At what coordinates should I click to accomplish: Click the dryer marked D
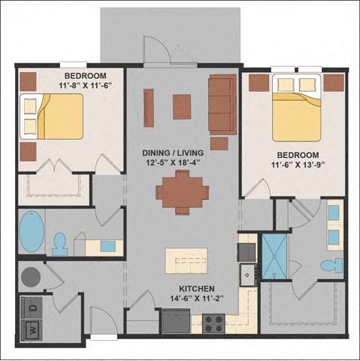[32, 308]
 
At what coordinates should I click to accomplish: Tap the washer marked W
[32, 330]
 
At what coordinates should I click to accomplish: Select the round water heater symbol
[31, 277]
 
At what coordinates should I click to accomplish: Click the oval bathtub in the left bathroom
[32, 231]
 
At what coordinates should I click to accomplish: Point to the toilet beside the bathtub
[60, 244]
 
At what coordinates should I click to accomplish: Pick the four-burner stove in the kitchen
[213, 323]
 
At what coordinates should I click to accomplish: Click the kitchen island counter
[186, 261]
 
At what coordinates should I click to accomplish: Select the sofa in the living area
[222, 105]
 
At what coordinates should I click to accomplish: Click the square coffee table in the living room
[182, 107]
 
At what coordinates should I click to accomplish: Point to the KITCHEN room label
[197, 289]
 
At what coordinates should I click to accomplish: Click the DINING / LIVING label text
[173, 153]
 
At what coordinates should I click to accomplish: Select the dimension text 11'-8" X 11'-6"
[85, 86]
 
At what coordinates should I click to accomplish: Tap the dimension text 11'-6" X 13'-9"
[298, 165]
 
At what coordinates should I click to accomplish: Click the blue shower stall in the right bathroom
[274, 256]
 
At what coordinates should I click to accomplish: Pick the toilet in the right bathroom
[331, 265]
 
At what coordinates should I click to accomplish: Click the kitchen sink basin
[247, 275]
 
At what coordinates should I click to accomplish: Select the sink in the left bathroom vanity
[108, 246]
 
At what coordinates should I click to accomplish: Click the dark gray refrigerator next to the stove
[176, 321]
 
